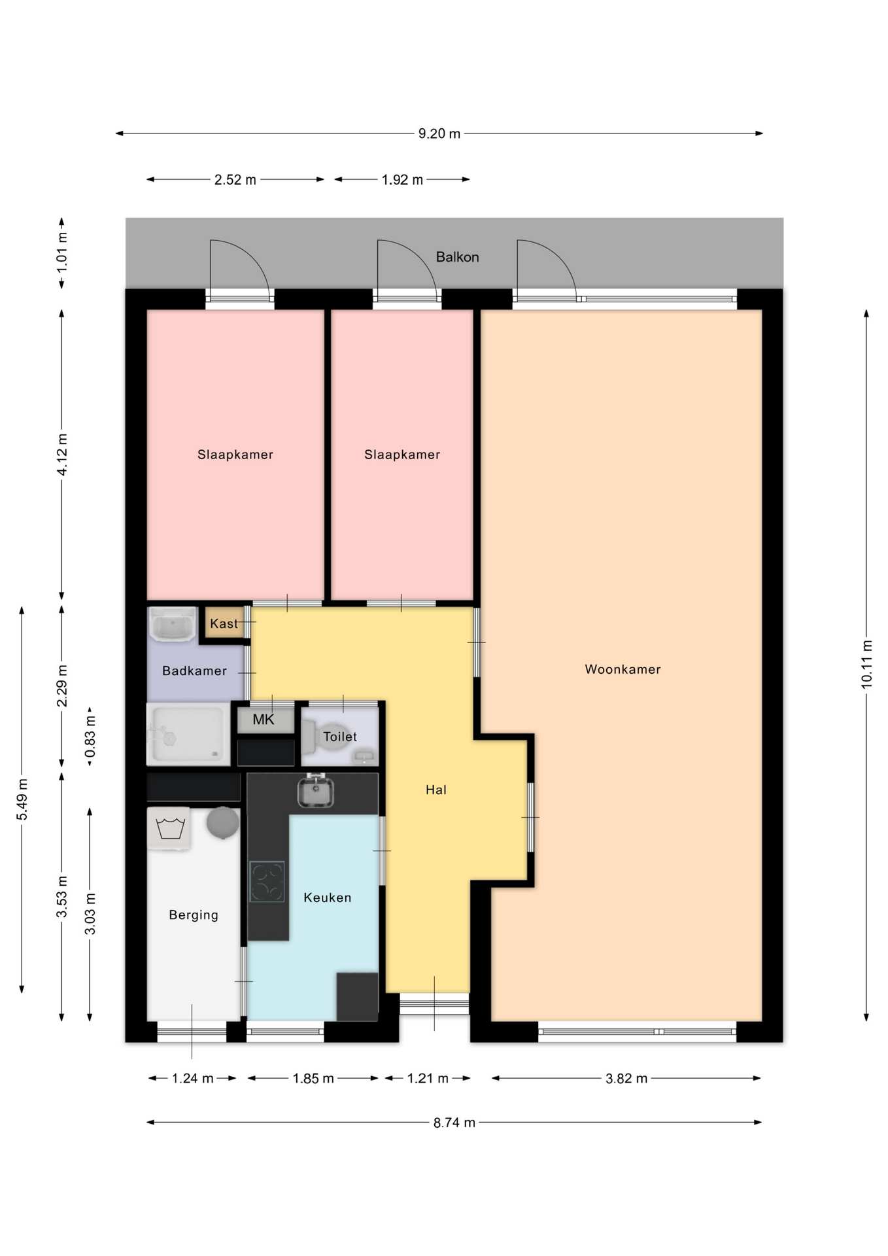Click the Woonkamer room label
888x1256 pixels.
623,669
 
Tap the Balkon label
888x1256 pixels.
457,257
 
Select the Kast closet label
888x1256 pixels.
224,624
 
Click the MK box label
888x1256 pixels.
264,720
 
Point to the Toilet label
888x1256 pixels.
340,737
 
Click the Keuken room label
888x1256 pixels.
327,898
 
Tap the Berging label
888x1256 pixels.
194,915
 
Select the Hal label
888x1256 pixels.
436,790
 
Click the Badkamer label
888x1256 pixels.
194,671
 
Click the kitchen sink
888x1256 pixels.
315,791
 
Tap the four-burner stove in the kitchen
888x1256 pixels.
267,882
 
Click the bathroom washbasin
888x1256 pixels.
173,625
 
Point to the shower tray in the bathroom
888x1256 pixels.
188,734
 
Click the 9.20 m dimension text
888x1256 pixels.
439,133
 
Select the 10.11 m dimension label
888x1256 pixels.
867,664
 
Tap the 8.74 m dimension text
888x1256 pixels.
454,1123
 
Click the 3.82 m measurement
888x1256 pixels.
626,1078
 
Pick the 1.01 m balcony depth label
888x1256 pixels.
62,252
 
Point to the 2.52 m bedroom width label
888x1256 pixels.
235,179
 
